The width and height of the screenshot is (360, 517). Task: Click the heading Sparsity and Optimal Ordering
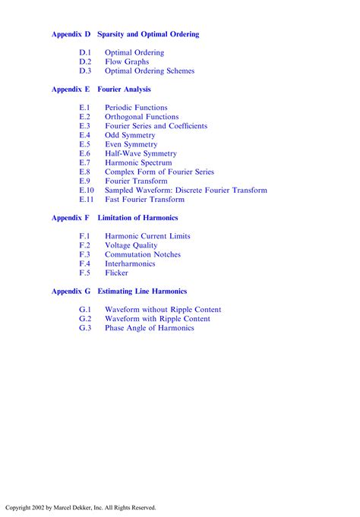[x=148, y=34]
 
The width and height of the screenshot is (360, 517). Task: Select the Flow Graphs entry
[x=127, y=61]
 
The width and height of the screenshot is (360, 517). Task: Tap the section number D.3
[x=85, y=71]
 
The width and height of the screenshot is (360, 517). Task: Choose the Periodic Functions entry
[x=136, y=108]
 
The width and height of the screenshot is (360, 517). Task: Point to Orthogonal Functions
[x=142, y=117]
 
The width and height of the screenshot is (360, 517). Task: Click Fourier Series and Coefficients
[x=156, y=126]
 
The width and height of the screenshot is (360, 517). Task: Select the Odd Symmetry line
[x=130, y=135]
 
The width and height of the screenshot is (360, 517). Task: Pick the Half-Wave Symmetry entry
[x=141, y=153]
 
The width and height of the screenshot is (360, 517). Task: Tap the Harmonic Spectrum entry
[x=138, y=162]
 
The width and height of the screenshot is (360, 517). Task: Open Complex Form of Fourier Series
[x=159, y=172]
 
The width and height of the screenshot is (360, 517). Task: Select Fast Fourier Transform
[x=144, y=200]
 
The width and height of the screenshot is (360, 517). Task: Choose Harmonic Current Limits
[x=147, y=236]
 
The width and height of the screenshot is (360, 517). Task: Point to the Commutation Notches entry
[x=143, y=254]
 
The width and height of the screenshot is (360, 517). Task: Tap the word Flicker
[x=116, y=273]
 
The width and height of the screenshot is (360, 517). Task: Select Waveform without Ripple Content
[x=163, y=310]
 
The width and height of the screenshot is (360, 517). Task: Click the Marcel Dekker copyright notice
[x=81, y=507]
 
